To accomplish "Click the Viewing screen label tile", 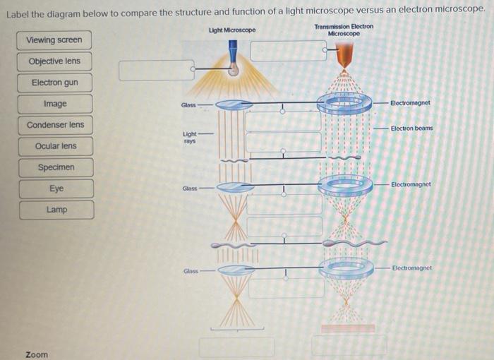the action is (54, 40).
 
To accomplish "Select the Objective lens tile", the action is (54, 61).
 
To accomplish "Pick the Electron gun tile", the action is (54, 83).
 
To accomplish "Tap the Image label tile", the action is (55, 104).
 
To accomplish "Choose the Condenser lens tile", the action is (55, 125).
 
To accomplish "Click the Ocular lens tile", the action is (55, 146).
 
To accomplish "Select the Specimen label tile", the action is (56, 168).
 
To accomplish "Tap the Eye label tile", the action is (56, 189).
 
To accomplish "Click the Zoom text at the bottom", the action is (37, 354).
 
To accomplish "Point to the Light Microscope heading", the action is (232, 30).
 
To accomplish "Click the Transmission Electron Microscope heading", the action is (344, 30).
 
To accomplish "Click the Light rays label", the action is (190, 137).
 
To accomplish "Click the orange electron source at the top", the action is (344, 55).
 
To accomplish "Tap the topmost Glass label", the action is (188, 105).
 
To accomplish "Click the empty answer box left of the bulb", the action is (156, 71).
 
